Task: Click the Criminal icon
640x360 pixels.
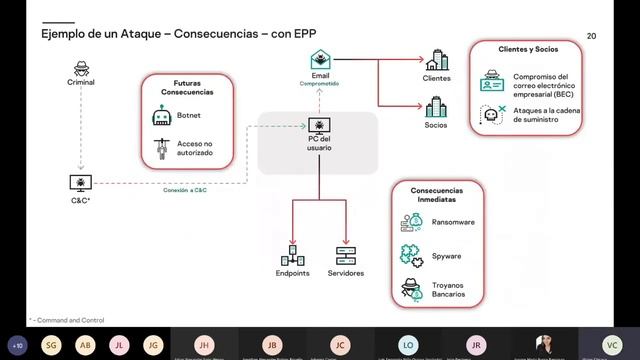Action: click(x=81, y=69)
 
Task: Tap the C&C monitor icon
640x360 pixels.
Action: click(x=80, y=182)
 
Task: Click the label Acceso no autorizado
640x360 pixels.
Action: click(x=194, y=147)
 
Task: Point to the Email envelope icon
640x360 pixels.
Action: click(x=320, y=59)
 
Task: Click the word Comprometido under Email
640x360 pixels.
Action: click(x=320, y=84)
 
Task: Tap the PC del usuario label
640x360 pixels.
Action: click(x=319, y=142)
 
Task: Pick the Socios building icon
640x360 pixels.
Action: click(x=436, y=106)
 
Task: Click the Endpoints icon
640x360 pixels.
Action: click(x=292, y=253)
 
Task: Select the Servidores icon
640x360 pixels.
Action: click(x=345, y=253)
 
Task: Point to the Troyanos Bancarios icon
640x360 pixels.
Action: click(x=410, y=289)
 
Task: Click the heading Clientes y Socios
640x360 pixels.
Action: click(x=527, y=48)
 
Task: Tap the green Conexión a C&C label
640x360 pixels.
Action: click(x=186, y=190)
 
